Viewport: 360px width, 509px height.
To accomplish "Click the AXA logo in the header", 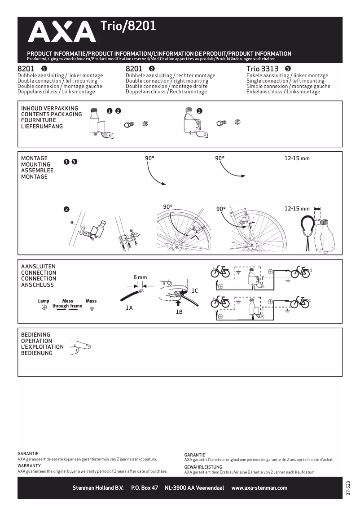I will [59, 33].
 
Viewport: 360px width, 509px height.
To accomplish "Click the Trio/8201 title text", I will [128, 26].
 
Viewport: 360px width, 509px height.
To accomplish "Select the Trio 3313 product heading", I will [262, 69].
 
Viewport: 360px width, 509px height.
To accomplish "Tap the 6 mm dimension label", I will [140, 277].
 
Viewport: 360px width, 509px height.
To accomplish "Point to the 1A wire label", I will [129, 308].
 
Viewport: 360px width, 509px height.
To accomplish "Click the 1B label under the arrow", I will [179, 311].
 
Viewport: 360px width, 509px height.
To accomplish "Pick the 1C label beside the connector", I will [194, 291].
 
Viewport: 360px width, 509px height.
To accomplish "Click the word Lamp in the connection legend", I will [44, 301].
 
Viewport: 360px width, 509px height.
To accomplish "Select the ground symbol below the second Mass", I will [92, 308].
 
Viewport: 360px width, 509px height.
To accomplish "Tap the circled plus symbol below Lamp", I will [44, 308].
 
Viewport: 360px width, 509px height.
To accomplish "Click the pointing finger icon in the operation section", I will [81, 347].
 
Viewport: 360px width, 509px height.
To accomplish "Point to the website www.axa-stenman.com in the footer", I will [259, 488].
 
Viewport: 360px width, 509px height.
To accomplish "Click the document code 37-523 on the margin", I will [348, 488].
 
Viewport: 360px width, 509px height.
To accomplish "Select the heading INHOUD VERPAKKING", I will [49, 108].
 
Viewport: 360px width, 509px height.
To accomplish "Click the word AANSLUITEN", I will [39, 267].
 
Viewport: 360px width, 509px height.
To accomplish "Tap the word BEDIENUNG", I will [37, 353].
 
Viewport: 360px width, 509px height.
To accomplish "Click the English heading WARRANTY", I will [29, 466].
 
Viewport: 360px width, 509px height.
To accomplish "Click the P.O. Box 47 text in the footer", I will [145, 488].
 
